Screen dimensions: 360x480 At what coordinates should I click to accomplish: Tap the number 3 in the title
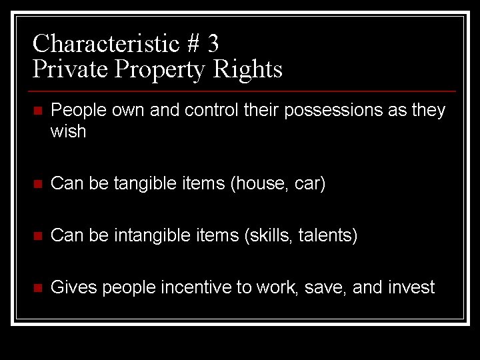click(213, 43)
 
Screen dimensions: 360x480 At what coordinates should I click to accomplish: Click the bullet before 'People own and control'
click(37, 111)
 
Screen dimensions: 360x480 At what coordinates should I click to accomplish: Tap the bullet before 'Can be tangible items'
click(37, 183)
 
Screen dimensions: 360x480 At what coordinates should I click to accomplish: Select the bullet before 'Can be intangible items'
click(37, 236)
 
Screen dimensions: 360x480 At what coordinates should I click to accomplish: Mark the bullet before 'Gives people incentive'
click(37, 288)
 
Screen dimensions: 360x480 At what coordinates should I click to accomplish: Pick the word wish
click(69, 131)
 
